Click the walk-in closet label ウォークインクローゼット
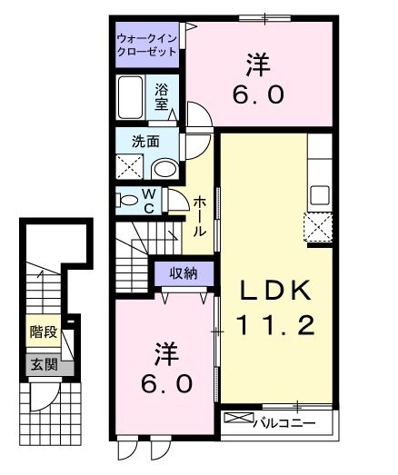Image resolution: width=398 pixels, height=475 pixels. [x=147, y=45]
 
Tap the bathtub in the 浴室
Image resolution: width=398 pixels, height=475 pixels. [x=131, y=98]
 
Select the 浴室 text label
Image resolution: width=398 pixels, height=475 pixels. [x=162, y=98]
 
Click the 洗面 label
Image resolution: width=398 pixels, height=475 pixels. [x=145, y=142]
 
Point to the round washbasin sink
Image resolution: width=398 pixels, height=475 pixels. [x=164, y=168]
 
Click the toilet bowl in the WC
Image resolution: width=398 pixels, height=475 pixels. [x=129, y=200]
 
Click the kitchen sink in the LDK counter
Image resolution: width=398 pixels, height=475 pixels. [x=320, y=194]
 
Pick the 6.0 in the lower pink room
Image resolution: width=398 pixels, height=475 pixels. [x=165, y=382]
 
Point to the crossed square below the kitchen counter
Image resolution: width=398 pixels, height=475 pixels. [x=319, y=227]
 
